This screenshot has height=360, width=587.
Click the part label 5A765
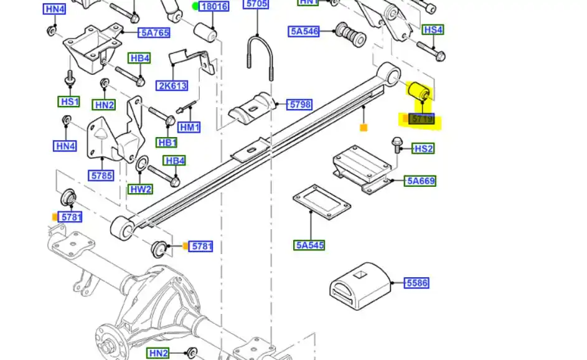point(153,33)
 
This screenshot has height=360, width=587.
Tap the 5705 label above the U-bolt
point(256,4)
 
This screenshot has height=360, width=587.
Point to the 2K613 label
point(172,87)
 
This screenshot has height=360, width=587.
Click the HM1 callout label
point(189,128)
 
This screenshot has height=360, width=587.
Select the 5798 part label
point(299,105)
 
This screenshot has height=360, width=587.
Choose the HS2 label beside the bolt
point(423,148)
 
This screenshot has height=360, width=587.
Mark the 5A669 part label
point(421,181)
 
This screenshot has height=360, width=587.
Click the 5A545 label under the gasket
point(309,245)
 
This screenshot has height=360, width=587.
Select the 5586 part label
point(416,283)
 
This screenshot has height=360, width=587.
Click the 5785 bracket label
point(101,176)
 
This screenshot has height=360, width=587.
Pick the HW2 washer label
point(141,189)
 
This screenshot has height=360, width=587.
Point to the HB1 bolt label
point(167,143)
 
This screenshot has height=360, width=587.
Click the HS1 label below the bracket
point(69,102)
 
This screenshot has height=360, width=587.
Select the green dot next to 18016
point(195,7)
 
